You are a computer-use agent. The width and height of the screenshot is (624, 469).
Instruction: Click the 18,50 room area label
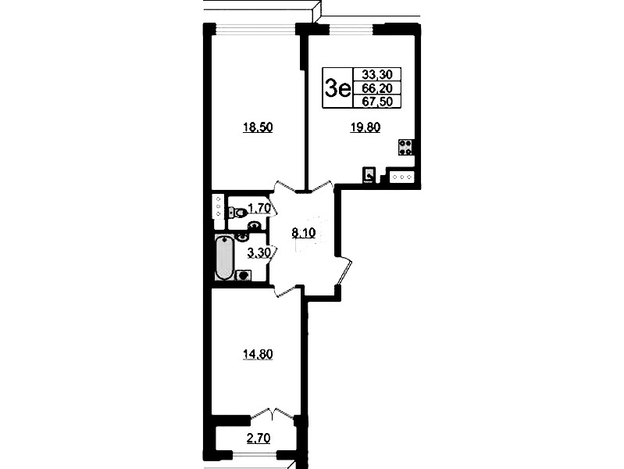pyautogui.click(x=258, y=127)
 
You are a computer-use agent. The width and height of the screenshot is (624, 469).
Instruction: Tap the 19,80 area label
pyautogui.click(x=365, y=127)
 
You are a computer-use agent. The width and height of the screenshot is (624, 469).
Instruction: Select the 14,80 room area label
pyautogui.click(x=258, y=354)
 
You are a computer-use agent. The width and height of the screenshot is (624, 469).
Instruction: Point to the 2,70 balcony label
pyautogui.click(x=259, y=439)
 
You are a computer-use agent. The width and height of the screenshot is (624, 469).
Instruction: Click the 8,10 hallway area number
pyautogui.click(x=304, y=233)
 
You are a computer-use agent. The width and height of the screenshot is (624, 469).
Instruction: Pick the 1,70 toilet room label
pyautogui.click(x=259, y=208)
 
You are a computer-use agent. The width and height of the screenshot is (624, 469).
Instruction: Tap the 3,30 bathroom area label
pyautogui.click(x=259, y=252)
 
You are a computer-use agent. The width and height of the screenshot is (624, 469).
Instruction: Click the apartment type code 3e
pyautogui.click(x=337, y=88)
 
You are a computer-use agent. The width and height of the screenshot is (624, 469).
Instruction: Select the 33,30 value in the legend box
pyautogui.click(x=377, y=74)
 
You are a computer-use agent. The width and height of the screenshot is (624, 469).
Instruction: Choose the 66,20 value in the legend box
pyautogui.click(x=377, y=88)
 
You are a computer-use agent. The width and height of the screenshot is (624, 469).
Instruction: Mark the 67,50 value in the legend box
pyautogui.click(x=377, y=102)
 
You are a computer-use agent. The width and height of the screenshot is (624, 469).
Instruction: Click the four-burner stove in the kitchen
pyautogui.click(x=405, y=147)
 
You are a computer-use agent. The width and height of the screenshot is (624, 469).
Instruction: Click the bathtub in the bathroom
pyautogui.click(x=224, y=257)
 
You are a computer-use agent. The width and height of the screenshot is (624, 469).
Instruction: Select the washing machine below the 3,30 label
pyautogui.click(x=244, y=275)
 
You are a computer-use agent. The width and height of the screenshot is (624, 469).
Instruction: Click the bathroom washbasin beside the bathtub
pyautogui.click(x=241, y=238)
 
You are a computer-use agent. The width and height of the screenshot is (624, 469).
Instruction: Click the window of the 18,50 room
pyautogui.click(x=256, y=29)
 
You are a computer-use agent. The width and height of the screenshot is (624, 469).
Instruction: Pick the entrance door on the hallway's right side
pyautogui.click(x=344, y=272)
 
